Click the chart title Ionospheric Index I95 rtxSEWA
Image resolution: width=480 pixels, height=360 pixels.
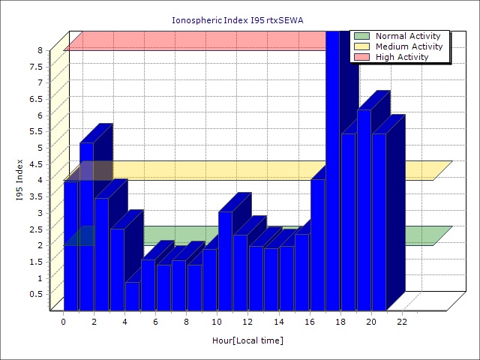point(240,20)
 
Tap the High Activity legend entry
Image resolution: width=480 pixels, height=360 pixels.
point(402,57)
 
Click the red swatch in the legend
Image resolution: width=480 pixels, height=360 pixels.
point(362,57)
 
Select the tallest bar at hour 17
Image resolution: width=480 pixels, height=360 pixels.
point(332,172)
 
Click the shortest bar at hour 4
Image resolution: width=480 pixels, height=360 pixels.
point(132,295)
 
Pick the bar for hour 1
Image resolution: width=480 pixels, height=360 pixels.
point(86,225)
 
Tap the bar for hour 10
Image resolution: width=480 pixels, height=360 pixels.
point(225,260)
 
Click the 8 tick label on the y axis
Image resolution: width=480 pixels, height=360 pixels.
point(40,50)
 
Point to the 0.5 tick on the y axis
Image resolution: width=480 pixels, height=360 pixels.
point(36,294)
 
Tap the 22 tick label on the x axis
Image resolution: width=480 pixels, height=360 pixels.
point(402,322)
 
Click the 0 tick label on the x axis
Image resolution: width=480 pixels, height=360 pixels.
point(64,322)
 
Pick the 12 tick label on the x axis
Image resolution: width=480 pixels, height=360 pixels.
point(248,322)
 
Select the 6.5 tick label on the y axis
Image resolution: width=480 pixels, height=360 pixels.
point(36,99)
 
